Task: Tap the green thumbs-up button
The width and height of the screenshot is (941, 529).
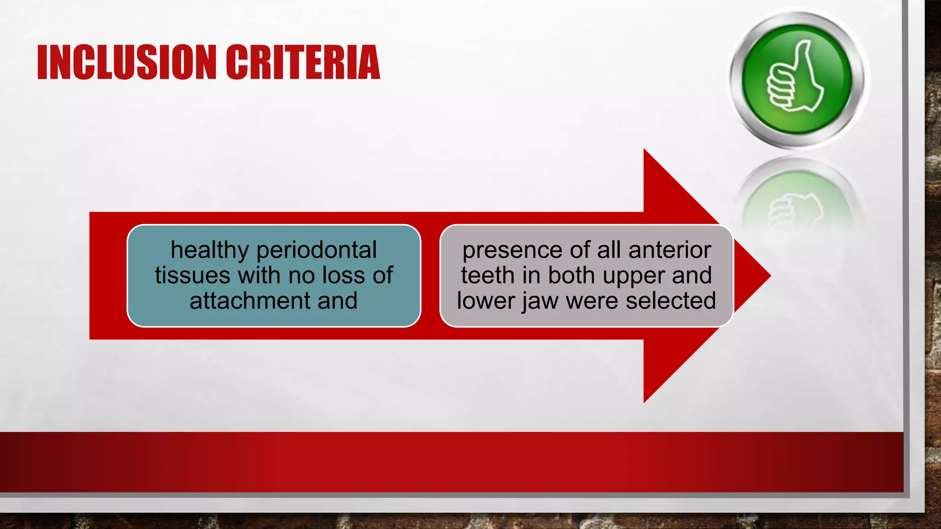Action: [797, 79]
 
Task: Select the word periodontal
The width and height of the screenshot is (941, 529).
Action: [317, 251]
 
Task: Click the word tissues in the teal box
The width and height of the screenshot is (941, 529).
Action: [193, 276]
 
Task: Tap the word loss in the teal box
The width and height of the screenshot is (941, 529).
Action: [344, 276]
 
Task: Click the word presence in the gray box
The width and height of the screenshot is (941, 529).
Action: [513, 251]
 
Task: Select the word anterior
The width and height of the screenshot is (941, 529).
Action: [669, 251]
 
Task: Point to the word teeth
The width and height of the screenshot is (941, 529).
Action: [488, 276]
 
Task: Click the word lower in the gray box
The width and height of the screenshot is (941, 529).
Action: [486, 301]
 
